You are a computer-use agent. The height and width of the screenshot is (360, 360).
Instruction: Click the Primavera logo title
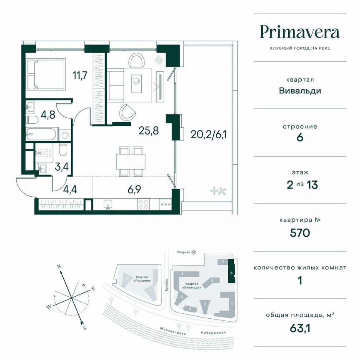point(300,32)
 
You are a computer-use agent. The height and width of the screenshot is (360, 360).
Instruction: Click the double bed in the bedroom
point(46,74)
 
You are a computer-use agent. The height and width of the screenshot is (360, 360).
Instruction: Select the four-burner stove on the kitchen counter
point(143,205)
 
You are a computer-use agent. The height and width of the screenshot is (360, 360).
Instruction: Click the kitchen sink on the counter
point(107,205)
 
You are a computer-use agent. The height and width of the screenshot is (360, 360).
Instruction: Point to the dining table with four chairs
point(128,161)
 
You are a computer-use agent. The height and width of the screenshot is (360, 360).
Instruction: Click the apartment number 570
point(300,232)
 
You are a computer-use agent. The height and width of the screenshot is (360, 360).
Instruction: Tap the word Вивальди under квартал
point(300,90)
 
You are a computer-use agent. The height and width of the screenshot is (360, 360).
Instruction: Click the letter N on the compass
point(60,266)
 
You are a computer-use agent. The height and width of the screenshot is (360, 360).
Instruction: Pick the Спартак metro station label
point(183,252)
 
